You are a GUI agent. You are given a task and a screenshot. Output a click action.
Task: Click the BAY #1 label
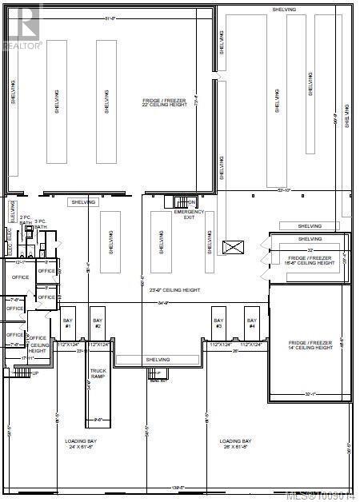(68, 323)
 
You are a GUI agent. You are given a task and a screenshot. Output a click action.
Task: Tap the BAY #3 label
(218, 323)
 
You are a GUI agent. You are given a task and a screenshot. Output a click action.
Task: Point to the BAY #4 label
(250, 323)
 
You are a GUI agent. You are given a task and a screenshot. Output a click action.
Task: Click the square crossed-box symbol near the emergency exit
(235, 248)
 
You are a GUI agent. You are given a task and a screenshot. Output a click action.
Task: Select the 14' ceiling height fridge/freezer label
(310, 345)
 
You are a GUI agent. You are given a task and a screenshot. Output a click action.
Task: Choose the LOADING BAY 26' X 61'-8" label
(236, 444)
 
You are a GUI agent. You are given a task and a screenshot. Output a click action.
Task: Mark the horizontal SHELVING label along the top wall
(284, 9)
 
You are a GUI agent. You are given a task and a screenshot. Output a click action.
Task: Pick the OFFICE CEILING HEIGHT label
(38, 345)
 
